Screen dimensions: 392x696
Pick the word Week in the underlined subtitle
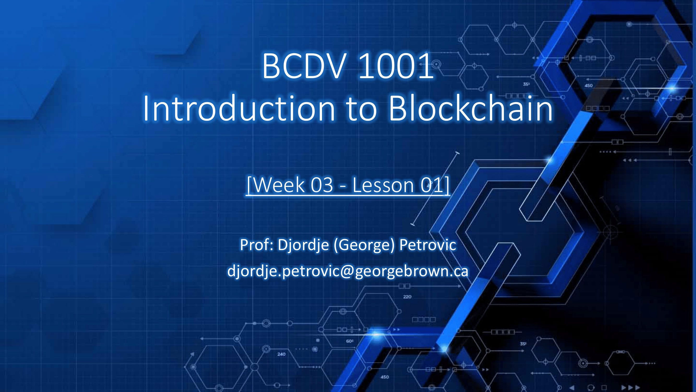tap(279, 185)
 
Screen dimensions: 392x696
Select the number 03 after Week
tap(322, 185)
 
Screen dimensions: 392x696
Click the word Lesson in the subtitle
tap(383, 185)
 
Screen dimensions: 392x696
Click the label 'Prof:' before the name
tap(257, 245)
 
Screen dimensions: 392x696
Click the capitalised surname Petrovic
tap(428, 245)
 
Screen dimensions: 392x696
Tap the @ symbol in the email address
tap(347, 271)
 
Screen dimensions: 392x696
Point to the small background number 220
tap(407, 297)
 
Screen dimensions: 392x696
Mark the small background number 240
tap(281, 354)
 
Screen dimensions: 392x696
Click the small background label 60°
tap(350, 341)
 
